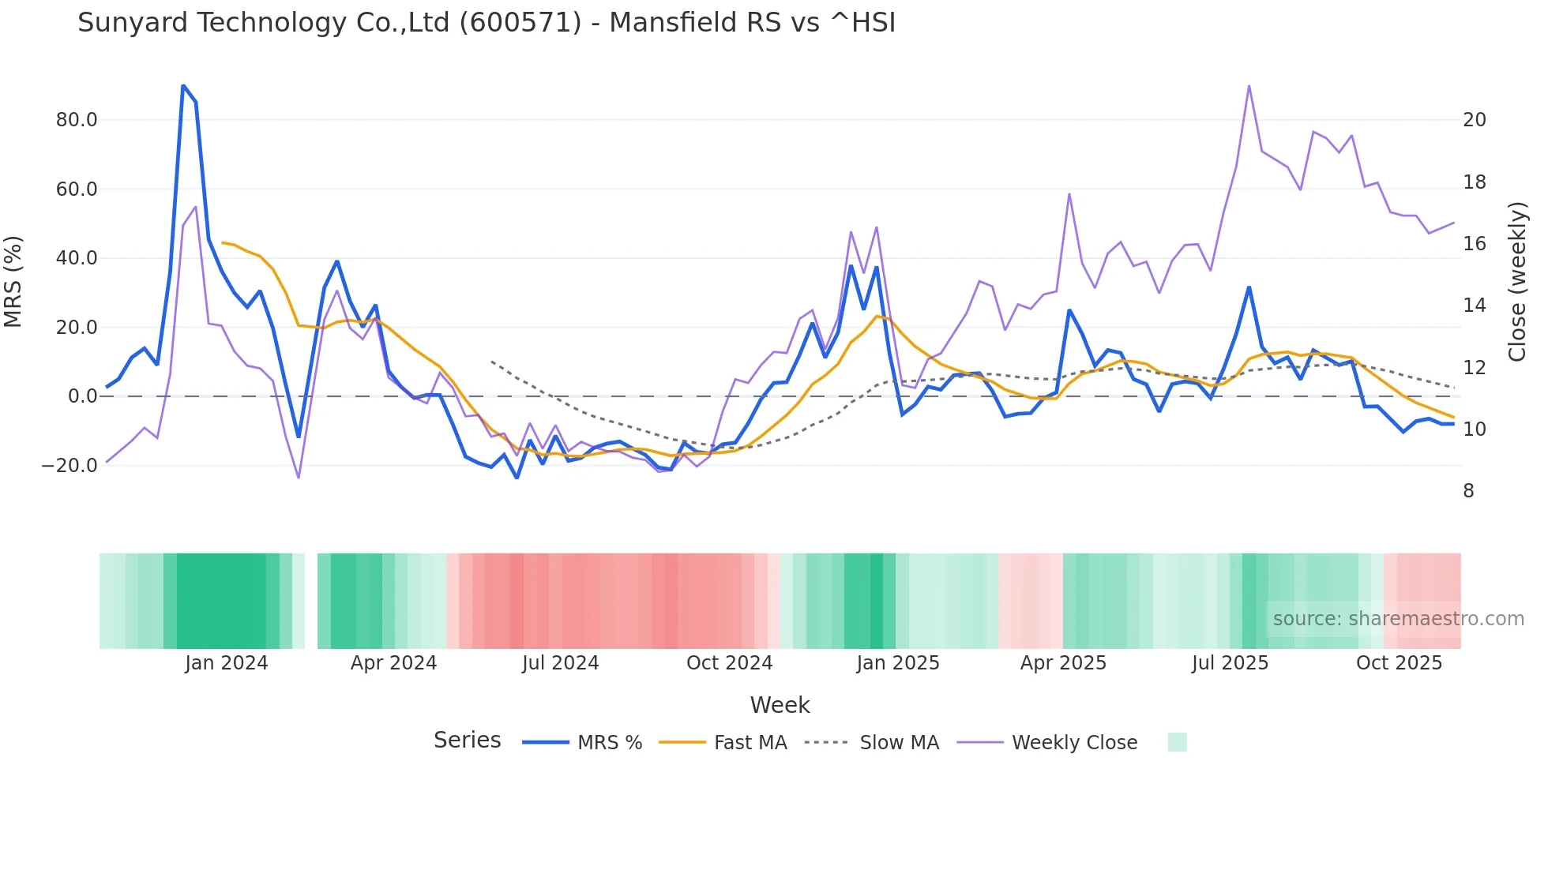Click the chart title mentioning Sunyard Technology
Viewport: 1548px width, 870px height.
[487, 23]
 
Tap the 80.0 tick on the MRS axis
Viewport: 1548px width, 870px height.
[77, 120]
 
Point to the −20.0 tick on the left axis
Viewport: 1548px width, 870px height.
[70, 466]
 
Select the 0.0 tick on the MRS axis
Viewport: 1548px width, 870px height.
[82, 396]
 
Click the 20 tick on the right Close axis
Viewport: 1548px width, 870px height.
[1474, 120]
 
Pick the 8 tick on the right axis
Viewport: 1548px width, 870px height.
[1468, 491]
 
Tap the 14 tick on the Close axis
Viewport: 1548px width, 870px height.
[1474, 306]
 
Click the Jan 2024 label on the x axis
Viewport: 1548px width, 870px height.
[227, 663]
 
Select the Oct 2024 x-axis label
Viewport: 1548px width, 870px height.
[729, 663]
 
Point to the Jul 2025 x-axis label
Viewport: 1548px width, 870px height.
[1230, 663]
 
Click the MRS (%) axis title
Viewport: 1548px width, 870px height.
[13, 282]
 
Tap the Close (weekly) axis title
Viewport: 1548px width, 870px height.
[1517, 282]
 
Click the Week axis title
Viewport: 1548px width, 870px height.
[780, 705]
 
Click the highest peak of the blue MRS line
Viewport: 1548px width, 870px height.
[183, 85]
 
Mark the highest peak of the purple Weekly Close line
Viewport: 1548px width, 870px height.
[1249, 85]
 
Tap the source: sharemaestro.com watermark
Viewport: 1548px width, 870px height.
[1398, 619]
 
